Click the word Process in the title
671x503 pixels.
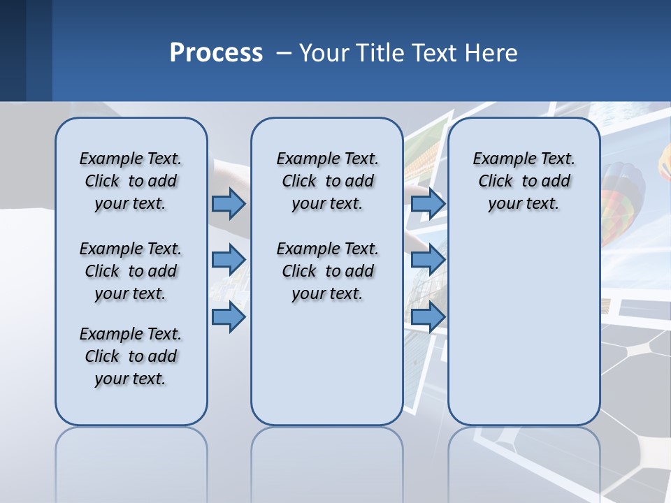coord(216,53)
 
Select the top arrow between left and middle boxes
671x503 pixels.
coord(229,203)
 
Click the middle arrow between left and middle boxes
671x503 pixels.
coord(229,260)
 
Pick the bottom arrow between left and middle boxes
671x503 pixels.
coord(229,317)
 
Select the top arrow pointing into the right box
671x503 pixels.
coord(428,203)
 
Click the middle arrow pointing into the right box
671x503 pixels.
coord(428,260)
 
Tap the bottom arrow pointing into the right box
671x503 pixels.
coord(428,317)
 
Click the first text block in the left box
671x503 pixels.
coord(131,181)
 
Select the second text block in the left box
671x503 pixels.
coord(131,271)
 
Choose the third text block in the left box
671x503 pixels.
coord(131,356)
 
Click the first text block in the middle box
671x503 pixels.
coord(327,181)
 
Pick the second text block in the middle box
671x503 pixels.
coord(327,271)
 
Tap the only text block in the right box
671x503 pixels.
coord(524,181)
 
